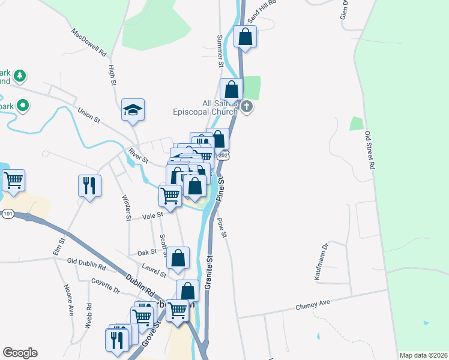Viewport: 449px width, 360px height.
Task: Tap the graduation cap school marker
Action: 133,109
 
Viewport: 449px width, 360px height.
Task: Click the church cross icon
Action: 247,107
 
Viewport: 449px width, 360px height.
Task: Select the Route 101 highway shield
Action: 8,214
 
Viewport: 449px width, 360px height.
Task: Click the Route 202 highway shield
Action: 224,156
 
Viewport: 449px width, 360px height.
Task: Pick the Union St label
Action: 89,115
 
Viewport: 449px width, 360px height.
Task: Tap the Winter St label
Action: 127,208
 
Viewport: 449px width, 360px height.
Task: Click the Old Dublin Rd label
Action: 86,262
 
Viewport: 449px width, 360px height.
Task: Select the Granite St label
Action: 209,273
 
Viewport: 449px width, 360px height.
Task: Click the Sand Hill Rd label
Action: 261,11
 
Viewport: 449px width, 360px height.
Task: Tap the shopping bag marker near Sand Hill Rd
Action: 245,37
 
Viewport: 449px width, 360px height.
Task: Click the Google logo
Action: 20,353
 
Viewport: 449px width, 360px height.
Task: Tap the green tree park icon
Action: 20,76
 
